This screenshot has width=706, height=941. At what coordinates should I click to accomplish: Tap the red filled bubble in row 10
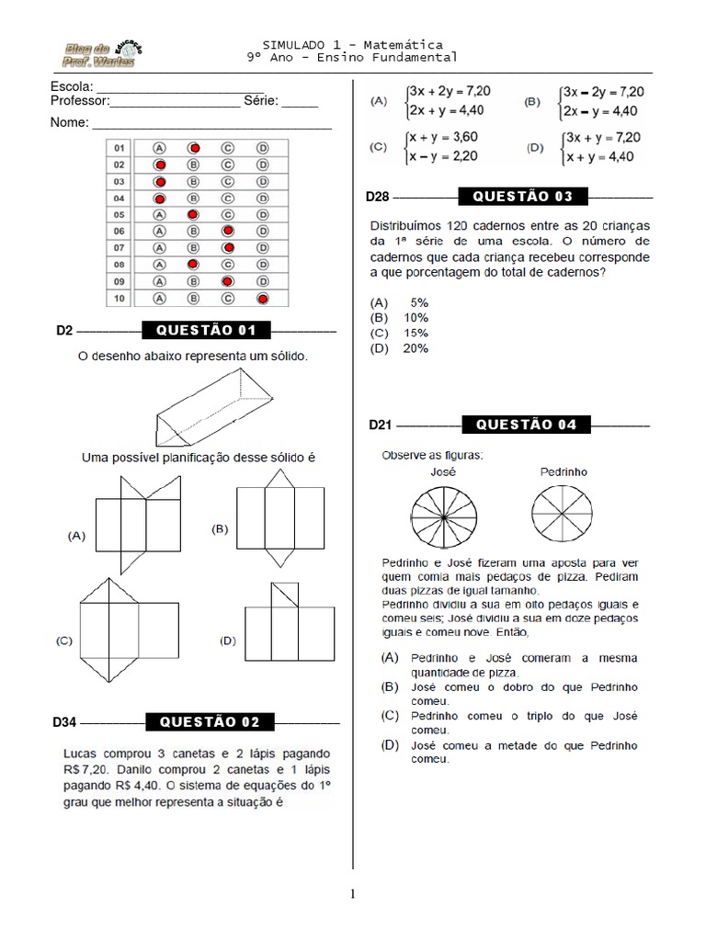pos(262,299)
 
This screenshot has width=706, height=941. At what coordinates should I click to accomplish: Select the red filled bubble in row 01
pos(194,147)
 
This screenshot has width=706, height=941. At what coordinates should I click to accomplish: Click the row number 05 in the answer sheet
pos(120,214)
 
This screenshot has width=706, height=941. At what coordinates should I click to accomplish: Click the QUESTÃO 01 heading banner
pos(206,331)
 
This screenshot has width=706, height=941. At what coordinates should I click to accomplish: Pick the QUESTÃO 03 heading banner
pos(522,197)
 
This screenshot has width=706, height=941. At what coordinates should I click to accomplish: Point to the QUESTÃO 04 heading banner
pos(526,425)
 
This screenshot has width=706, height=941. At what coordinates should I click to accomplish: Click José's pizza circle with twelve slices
pos(444,516)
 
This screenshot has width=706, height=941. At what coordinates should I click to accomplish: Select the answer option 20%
pos(415,348)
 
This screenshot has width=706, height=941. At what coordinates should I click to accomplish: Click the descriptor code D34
pos(63,723)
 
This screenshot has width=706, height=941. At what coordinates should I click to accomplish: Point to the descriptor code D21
pos(381,425)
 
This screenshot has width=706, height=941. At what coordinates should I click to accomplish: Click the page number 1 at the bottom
pos(353,893)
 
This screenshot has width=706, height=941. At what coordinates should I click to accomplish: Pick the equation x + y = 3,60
pos(446,137)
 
